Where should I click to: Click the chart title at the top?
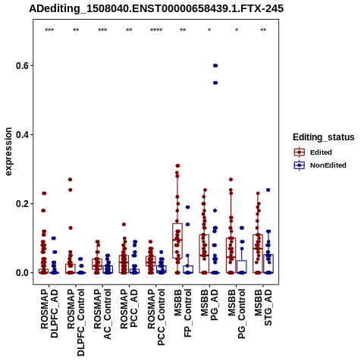click(x=156, y=8)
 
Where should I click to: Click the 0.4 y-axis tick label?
click(x=21, y=135)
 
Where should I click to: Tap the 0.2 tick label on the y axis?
click(x=21, y=204)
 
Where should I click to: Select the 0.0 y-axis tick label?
click(x=21, y=273)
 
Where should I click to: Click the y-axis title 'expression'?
click(x=8, y=152)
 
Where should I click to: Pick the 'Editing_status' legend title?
click(x=324, y=137)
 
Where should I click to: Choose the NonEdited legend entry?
click(x=320, y=165)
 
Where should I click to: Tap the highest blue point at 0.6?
click(x=215, y=66)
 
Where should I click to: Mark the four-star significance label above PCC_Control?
click(x=156, y=30)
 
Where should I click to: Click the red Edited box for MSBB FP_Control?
click(x=177, y=240)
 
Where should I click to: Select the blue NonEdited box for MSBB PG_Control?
click(x=242, y=267)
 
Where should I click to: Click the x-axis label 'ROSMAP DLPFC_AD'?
click(x=49, y=313)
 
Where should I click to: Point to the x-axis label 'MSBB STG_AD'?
click(x=263, y=307)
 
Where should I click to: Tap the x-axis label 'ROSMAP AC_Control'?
click(x=102, y=314)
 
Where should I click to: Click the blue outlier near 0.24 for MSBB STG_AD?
click(x=268, y=190)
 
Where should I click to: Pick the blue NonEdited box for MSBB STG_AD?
click(x=268, y=264)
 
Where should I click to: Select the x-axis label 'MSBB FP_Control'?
click(x=183, y=313)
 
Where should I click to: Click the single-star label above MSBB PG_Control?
click(x=237, y=30)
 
